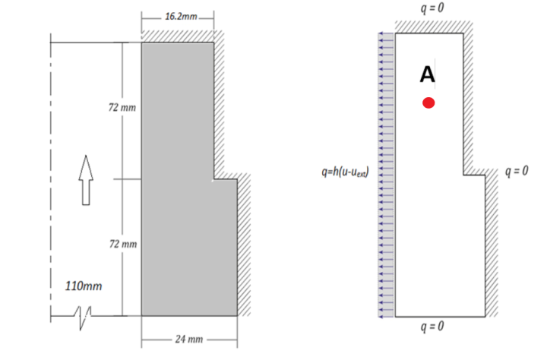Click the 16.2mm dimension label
pos(181,17)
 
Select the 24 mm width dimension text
pos(189,339)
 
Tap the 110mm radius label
pos(84,286)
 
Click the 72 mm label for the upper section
pos(122,107)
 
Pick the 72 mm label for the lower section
pos(123,244)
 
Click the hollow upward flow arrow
pos(86,180)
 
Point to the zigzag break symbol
pos(83,317)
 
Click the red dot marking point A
pos(428,103)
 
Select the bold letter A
pos(427,74)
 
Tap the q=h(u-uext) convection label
pos(345,172)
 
